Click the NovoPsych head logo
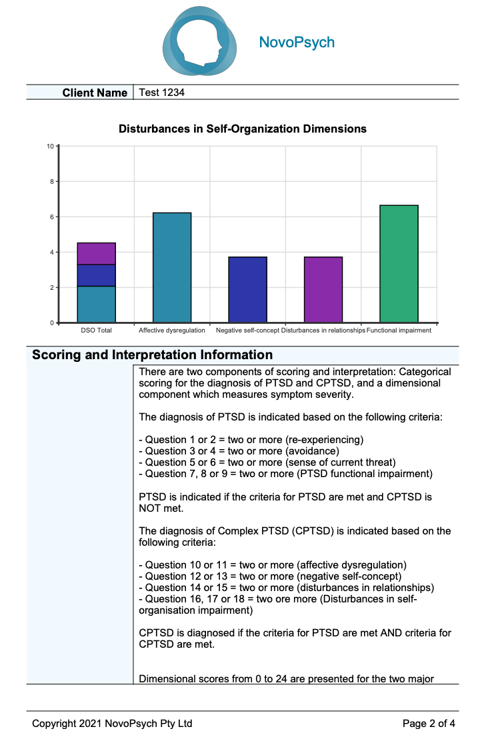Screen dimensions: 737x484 199,42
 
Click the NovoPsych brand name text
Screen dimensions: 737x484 297,43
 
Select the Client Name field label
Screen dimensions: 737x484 95,93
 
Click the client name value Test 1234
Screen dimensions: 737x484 161,93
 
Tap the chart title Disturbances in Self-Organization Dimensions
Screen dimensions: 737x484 242,129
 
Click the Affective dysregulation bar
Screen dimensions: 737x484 172,267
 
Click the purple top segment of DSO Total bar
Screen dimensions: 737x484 97,254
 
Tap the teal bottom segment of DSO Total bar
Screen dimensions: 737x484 97,305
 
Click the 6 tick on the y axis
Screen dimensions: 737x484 51,217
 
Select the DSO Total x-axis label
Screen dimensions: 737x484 96,331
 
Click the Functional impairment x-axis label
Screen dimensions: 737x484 399,331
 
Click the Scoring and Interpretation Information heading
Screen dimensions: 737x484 153,355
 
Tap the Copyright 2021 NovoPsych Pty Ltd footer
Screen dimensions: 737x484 112,723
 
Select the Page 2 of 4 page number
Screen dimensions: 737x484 429,723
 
